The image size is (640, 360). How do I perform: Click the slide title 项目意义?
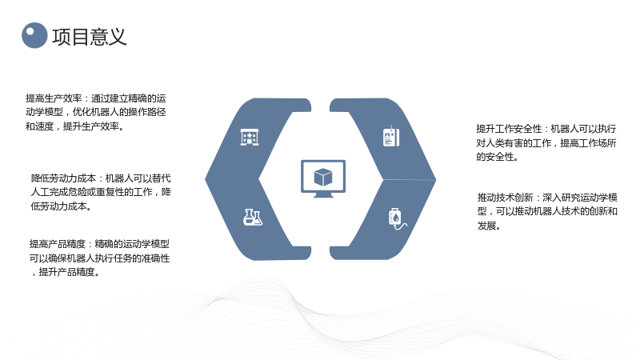[x=90, y=37]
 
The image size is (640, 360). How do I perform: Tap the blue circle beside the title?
[x=34, y=35]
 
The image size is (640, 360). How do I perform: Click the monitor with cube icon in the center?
[x=323, y=178]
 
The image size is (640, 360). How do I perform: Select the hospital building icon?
[x=250, y=137]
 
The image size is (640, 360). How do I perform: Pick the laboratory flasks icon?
[x=253, y=217]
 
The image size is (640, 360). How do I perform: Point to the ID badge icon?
[x=391, y=136]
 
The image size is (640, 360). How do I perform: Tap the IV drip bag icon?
[x=397, y=218]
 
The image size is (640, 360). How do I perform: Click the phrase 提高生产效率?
[x=54, y=98]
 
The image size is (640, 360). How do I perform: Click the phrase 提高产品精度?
[x=58, y=244]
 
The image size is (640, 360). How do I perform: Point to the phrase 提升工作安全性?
[x=509, y=129]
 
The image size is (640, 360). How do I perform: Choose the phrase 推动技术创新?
[x=506, y=198]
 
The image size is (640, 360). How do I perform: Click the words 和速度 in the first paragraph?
[x=39, y=126]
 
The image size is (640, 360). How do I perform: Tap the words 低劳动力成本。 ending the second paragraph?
[x=62, y=206]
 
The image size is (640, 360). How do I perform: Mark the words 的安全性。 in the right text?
[x=497, y=157]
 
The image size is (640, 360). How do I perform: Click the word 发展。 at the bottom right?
[x=489, y=226]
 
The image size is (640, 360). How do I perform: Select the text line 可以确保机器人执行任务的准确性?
[x=99, y=258]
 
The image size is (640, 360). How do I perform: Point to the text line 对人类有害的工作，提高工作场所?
[x=546, y=143]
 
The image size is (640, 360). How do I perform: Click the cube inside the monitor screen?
[x=323, y=177]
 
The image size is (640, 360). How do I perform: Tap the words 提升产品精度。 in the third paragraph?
[x=69, y=272]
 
